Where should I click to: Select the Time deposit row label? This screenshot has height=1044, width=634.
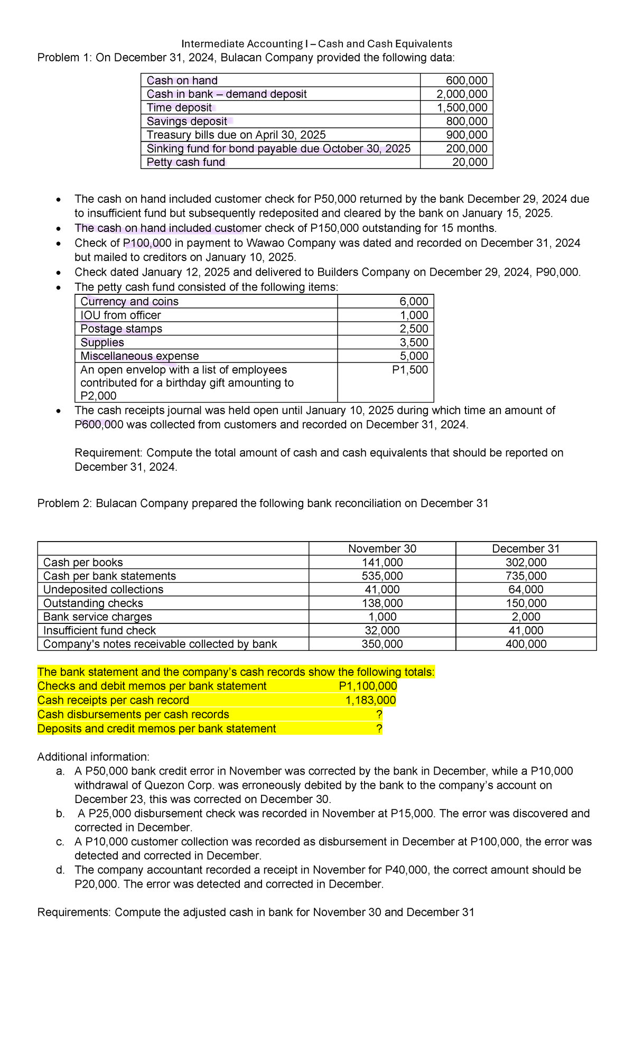click(x=179, y=108)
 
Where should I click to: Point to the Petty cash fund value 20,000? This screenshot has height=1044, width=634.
click(x=470, y=162)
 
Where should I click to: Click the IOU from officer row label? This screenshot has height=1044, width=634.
click(x=120, y=315)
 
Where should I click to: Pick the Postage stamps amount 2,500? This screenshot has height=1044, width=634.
click(x=414, y=329)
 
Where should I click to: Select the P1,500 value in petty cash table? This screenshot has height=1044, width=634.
click(x=410, y=370)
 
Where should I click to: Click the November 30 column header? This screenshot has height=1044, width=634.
click(x=382, y=548)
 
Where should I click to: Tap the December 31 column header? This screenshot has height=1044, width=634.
click(x=526, y=548)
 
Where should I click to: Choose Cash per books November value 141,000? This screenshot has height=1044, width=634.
click(x=382, y=562)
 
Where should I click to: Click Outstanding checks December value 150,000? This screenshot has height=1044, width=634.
click(x=526, y=603)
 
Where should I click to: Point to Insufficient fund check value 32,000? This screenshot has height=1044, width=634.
click(x=382, y=630)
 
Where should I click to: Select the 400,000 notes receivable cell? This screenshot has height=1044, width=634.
click(x=526, y=644)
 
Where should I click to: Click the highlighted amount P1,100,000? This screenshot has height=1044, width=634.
click(x=368, y=686)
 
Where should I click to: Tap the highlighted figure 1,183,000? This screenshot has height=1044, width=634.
click(x=370, y=701)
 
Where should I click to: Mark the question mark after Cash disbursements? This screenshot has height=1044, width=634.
click(x=379, y=714)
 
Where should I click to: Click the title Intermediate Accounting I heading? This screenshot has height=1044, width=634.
click(x=316, y=43)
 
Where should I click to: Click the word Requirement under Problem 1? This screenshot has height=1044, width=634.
click(x=108, y=453)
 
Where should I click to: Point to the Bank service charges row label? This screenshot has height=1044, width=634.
click(x=98, y=617)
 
